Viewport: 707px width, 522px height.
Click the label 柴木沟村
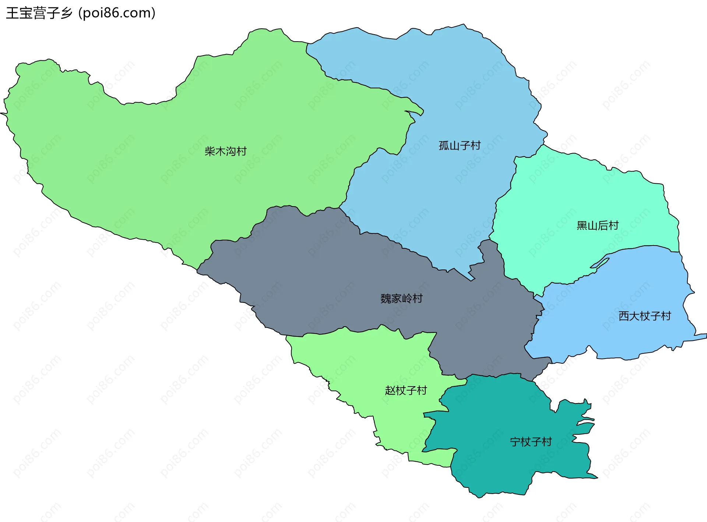coord(225,151)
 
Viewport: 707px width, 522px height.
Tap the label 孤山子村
coord(460,145)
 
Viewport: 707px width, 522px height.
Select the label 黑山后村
coord(597,225)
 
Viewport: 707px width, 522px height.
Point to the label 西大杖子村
coord(644,316)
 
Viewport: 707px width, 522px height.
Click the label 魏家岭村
coord(401,298)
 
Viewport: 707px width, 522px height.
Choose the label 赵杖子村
coord(406,390)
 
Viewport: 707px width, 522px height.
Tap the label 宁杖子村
coord(531,441)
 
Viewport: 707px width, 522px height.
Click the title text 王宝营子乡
coord(39,13)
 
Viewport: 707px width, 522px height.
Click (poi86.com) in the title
coord(117,13)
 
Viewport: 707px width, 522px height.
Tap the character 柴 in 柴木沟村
coord(210,151)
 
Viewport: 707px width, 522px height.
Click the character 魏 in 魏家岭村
coord(386,298)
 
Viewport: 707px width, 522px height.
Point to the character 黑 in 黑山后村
coord(582,225)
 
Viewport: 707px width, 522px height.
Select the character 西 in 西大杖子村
coord(624,316)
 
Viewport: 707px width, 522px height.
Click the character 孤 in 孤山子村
coord(444,145)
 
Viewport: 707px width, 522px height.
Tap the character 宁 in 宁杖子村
coord(515,441)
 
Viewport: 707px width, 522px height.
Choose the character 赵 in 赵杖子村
coord(390,390)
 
